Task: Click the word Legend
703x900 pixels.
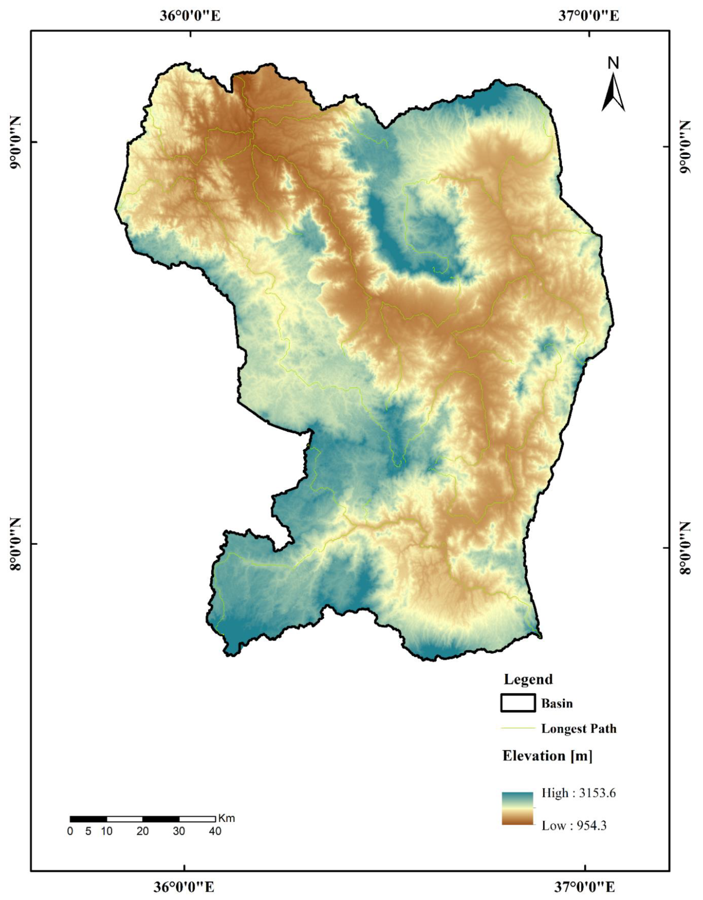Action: [x=528, y=679]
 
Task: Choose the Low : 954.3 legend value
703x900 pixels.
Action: [x=574, y=825]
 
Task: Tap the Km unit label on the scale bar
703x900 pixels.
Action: [x=226, y=818]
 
